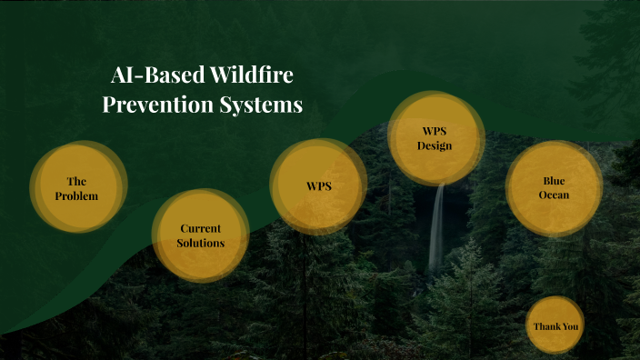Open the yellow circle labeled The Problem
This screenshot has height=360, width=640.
(x=77, y=187)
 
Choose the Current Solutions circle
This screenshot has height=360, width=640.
(x=201, y=235)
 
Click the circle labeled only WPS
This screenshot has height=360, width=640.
(x=318, y=186)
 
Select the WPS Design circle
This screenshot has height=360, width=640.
(x=435, y=138)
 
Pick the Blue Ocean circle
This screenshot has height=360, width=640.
(x=554, y=187)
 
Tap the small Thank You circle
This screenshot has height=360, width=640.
(x=555, y=325)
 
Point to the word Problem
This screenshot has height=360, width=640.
(x=76, y=195)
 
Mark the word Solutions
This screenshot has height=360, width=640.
(x=201, y=243)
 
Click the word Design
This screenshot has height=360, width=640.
(x=435, y=145)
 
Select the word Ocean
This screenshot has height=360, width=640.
(x=554, y=195)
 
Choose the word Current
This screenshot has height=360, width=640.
(x=201, y=228)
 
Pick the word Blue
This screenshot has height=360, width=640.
(x=554, y=180)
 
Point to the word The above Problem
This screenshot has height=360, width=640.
(x=76, y=181)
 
